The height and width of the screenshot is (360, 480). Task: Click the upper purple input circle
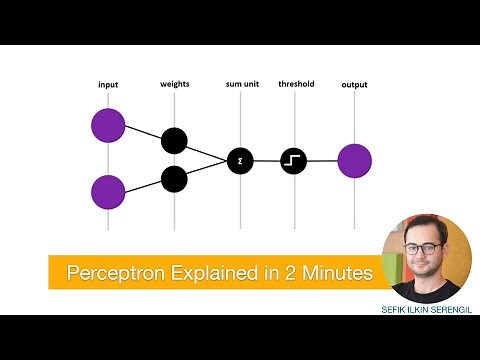coord(108,126)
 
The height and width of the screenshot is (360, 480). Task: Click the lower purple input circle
coord(108,191)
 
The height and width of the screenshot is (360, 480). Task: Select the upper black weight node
coord(174,141)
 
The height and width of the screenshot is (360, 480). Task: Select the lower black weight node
coord(174,179)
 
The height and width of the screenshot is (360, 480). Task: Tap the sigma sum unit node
coord(240,160)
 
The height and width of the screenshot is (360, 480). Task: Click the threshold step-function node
coord(294,160)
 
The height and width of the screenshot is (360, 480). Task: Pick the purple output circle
coord(354,160)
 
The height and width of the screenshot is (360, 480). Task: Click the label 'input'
coord(108,84)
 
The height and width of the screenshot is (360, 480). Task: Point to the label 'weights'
coord(175,84)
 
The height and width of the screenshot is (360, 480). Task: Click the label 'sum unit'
coord(242,85)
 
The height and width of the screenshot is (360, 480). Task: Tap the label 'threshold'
coord(296,84)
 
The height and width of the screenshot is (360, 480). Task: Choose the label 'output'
coord(354,85)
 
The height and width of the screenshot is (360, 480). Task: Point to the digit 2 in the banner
coord(283,272)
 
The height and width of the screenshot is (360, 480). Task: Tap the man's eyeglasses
coord(424,247)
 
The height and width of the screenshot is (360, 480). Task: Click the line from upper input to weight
coord(142,134)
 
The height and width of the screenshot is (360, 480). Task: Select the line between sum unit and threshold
coord(267,160)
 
